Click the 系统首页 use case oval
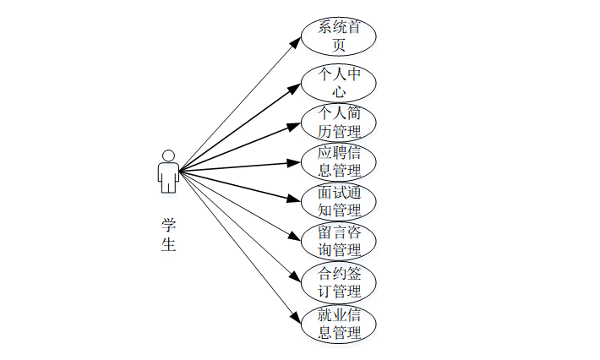coord(339,35)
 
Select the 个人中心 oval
coord(339,82)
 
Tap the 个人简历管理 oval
coord(339,122)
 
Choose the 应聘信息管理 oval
coord(339,161)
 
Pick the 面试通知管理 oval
coord(339,201)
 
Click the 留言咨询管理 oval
coord(339,241)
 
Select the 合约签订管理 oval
coord(339,281)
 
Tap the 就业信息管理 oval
coord(339,323)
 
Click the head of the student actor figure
coord(168,155)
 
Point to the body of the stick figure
coord(168,176)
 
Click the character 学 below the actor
coord(168,225)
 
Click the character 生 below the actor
coord(168,245)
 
